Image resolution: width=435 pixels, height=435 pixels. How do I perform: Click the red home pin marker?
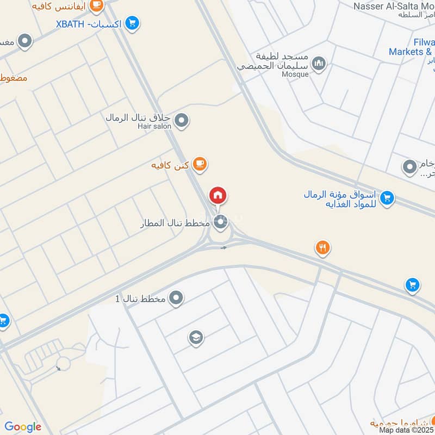pyautogui.click(x=218, y=196)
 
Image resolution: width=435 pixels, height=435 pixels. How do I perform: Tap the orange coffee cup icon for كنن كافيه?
pyautogui.click(x=200, y=164)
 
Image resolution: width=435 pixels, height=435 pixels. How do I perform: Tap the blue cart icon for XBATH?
pyautogui.click(x=132, y=23)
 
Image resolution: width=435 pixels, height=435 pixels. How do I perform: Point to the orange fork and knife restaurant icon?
pyautogui.click(x=322, y=248)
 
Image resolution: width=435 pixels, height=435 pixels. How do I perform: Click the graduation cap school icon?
pyautogui.click(x=196, y=338)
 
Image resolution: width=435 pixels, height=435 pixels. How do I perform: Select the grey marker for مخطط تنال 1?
pyautogui.click(x=176, y=298)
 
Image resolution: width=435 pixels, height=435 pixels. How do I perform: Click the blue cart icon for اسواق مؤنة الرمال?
pyautogui.click(x=387, y=198)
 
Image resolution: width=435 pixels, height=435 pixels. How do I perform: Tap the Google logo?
pyautogui.click(x=22, y=427)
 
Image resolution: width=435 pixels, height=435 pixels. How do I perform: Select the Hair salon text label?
pyautogui.click(x=154, y=126)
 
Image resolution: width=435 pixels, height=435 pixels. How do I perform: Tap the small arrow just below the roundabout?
pyautogui.click(x=223, y=248)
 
